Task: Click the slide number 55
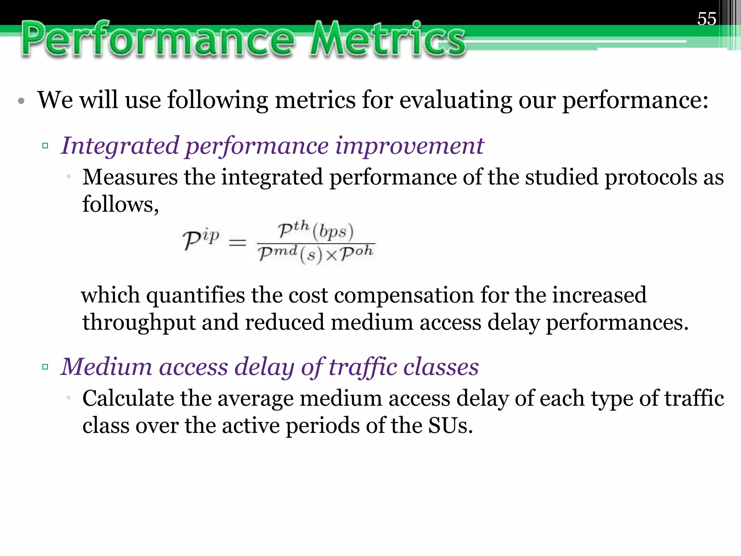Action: coord(707,19)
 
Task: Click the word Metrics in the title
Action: coord(388,39)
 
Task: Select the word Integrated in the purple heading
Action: coord(120,146)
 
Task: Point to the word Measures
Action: coord(130,177)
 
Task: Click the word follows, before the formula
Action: coord(120,204)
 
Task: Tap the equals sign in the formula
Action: coord(237,242)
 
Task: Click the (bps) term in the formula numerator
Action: coord(333,231)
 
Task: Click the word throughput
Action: coord(139,322)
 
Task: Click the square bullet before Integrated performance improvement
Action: coord(45,146)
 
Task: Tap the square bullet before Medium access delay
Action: coord(45,367)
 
